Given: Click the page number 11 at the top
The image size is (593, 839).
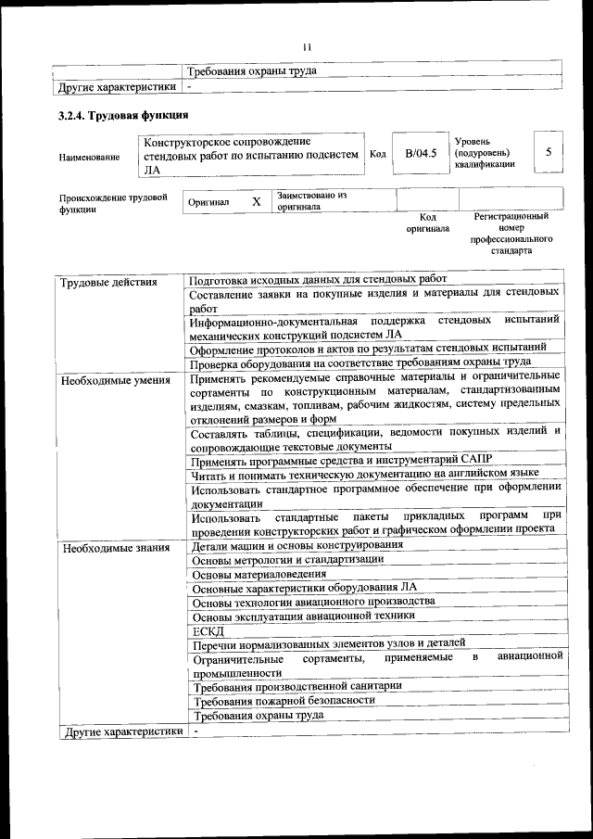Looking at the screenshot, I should (308, 47).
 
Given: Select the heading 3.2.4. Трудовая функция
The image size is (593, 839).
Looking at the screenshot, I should (124, 116).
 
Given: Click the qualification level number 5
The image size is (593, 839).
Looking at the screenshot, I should (549, 152).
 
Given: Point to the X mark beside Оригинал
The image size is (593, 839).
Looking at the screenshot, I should (256, 200).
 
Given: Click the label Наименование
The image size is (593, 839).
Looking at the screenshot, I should (89, 158).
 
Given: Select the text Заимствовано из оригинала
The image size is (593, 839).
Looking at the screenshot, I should (311, 201).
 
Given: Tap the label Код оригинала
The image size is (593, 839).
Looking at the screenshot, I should (427, 222).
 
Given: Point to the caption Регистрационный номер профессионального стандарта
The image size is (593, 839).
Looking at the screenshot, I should (511, 233).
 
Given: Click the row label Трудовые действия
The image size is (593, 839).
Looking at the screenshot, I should (108, 282).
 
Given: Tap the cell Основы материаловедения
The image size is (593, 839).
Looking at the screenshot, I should (260, 575).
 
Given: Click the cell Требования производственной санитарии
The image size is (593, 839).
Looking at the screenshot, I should (297, 686).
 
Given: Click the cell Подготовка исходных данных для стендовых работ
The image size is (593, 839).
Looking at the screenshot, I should (318, 278).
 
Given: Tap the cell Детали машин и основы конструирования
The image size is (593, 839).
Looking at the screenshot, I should (297, 545).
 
